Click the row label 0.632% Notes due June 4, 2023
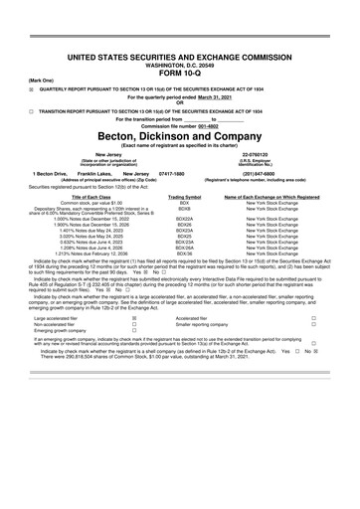coord(69,240)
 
